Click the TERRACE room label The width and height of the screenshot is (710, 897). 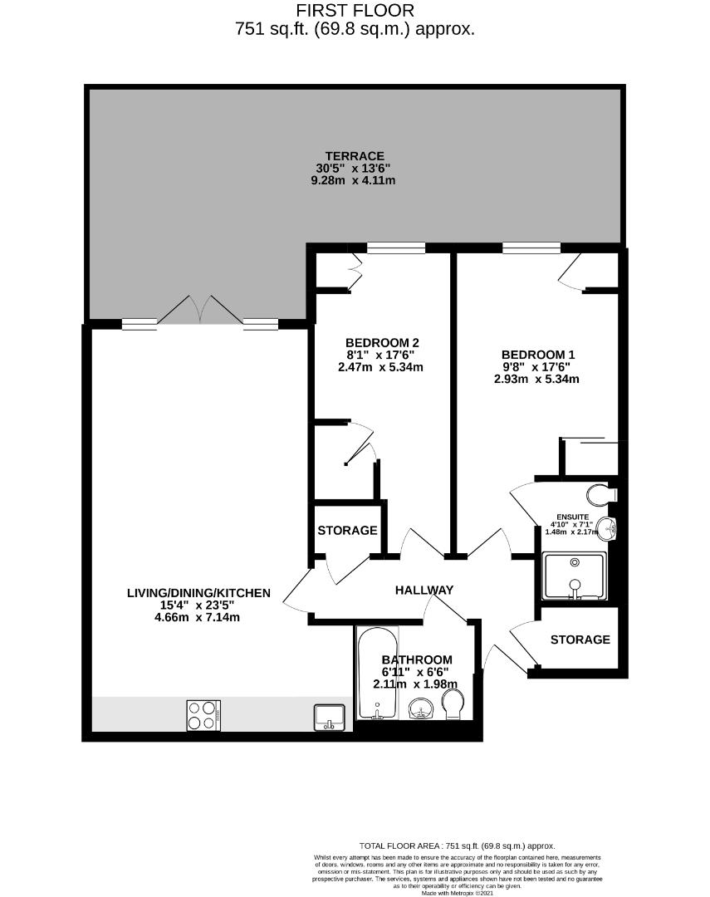(355, 156)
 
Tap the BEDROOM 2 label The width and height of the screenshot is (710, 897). (382, 342)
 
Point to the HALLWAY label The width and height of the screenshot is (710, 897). (424, 590)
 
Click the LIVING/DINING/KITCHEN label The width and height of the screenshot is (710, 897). (198, 593)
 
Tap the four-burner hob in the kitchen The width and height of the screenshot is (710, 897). (203, 715)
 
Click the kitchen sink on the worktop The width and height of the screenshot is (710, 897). (329, 716)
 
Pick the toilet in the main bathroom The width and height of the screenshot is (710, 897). (453, 708)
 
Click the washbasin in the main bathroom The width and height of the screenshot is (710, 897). (421, 708)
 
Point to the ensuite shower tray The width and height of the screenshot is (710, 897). (574, 576)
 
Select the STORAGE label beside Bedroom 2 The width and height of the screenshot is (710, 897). (347, 530)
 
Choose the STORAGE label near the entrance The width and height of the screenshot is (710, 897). (580, 640)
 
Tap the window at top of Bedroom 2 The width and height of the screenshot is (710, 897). (396, 248)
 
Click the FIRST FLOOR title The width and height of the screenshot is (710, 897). (355, 11)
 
